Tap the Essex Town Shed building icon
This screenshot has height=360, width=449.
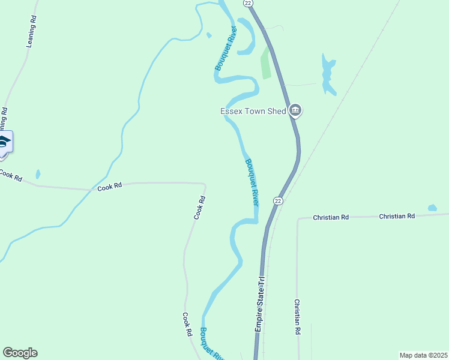295,110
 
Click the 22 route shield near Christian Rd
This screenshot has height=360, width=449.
277,200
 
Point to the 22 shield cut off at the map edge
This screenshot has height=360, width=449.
248,2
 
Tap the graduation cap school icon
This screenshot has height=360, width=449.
4,143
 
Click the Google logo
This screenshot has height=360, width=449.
20,353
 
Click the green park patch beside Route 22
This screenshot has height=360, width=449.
265,62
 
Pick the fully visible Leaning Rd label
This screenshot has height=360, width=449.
32,35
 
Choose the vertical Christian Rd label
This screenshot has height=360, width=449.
297,317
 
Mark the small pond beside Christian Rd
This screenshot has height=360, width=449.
432,208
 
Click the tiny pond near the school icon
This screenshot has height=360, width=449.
38,174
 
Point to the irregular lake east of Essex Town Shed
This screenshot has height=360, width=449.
327,76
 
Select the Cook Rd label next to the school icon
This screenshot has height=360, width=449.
10,176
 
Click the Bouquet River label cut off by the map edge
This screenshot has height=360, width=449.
211,344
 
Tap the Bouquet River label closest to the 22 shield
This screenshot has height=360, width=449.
252,182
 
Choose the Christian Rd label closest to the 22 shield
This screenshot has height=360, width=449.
331,217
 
